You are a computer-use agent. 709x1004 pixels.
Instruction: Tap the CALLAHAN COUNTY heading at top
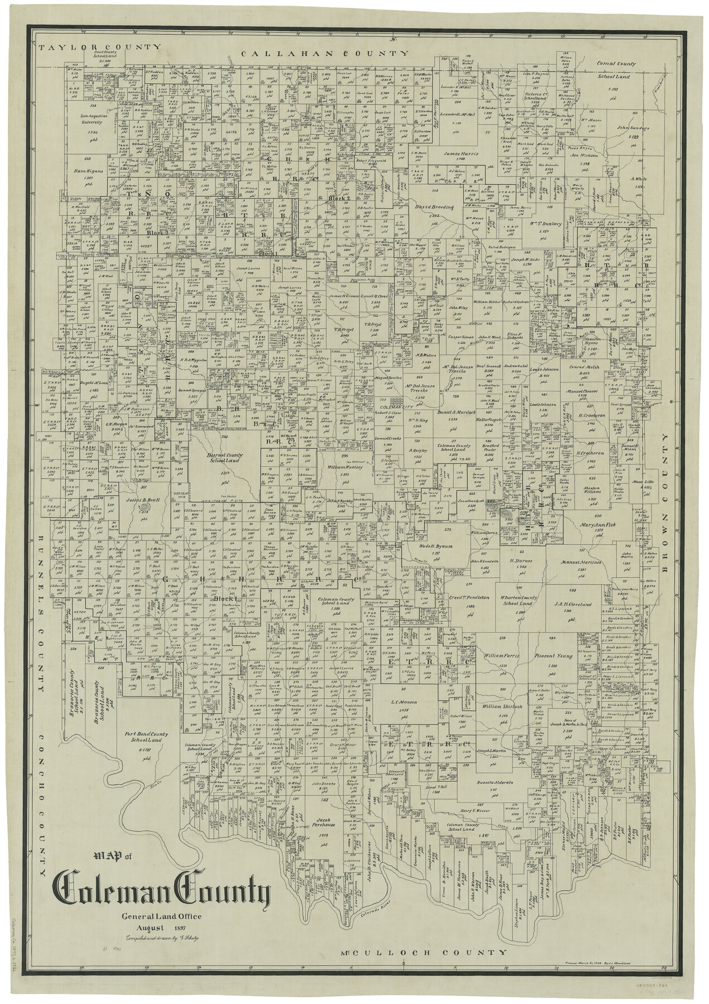326,53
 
